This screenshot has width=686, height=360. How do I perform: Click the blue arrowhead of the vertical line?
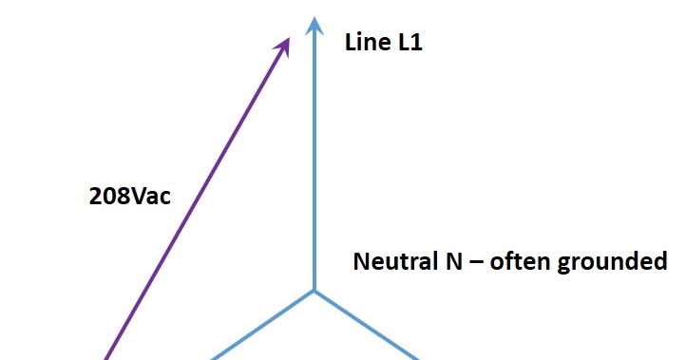pos(314,24)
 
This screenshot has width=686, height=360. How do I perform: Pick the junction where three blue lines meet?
pos(314,290)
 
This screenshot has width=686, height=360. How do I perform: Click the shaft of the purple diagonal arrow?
pos(195,199)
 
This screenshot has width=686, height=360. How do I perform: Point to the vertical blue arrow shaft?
pos(314,161)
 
